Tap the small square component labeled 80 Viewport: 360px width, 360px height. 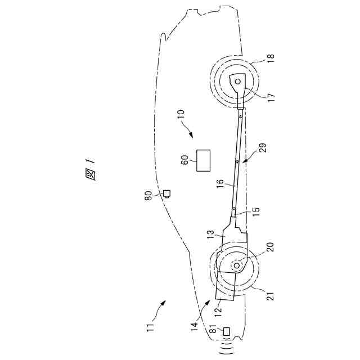tap(167, 194)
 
